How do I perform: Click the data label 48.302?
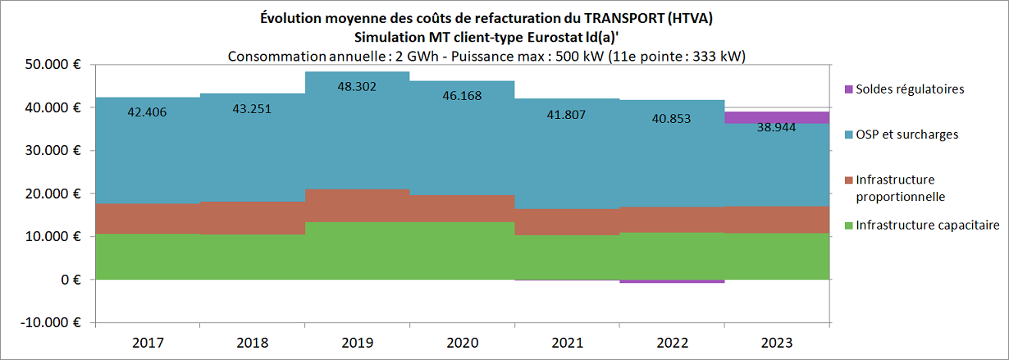pyautogui.click(x=358, y=85)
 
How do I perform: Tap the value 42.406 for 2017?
pyautogui.click(x=147, y=112)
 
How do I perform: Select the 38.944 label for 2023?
pyautogui.click(x=777, y=129)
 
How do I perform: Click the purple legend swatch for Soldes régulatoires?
pyautogui.click(x=848, y=89)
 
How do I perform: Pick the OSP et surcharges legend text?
pyautogui.click(x=906, y=134)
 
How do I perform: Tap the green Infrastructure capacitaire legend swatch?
pyautogui.click(x=848, y=226)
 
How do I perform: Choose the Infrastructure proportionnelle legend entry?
pyautogui.click(x=900, y=188)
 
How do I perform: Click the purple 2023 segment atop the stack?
pyautogui.click(x=777, y=117)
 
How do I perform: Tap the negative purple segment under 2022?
pyautogui.click(x=672, y=281)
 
